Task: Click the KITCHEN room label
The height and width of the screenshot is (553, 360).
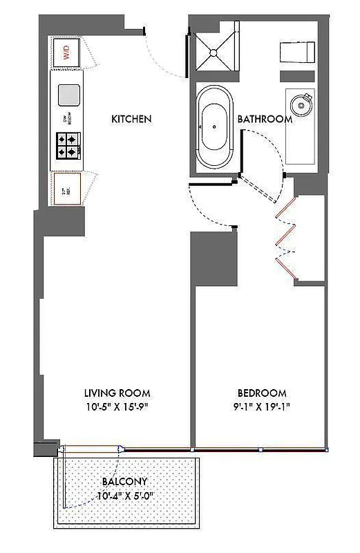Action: pos(131,119)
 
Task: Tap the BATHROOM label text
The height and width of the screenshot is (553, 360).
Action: pos(265,119)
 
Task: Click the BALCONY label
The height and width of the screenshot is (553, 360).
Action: pos(124,481)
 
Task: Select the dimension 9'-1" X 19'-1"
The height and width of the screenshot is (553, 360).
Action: pos(260,406)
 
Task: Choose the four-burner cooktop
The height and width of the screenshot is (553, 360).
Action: pos(68,145)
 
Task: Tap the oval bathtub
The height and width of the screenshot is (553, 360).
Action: pos(216,127)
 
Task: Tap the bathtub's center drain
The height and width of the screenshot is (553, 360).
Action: pos(216,128)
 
